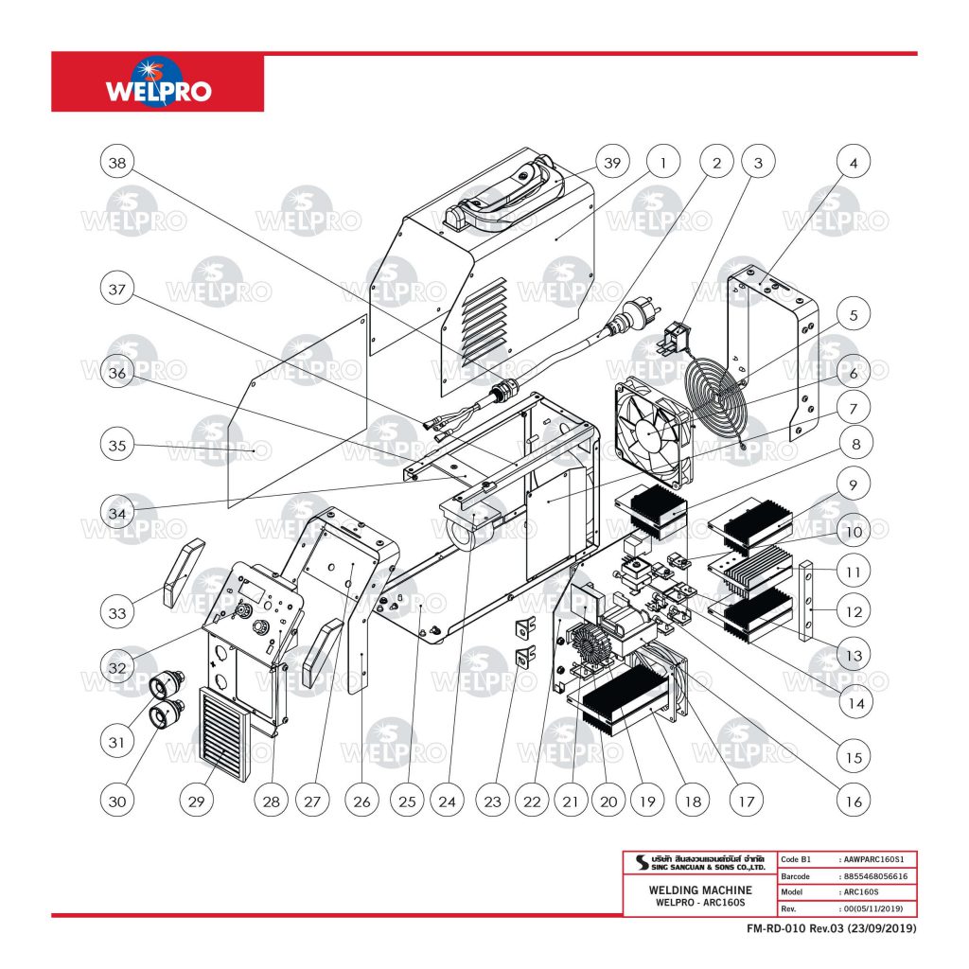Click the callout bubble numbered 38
(x=116, y=163)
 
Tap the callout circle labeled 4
(x=854, y=163)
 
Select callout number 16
(x=854, y=802)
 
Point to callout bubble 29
(x=196, y=802)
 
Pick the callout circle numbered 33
(x=116, y=612)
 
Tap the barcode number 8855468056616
(x=876, y=876)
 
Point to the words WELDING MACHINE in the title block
(x=700, y=890)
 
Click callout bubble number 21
(x=570, y=802)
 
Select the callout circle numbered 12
(x=854, y=612)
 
